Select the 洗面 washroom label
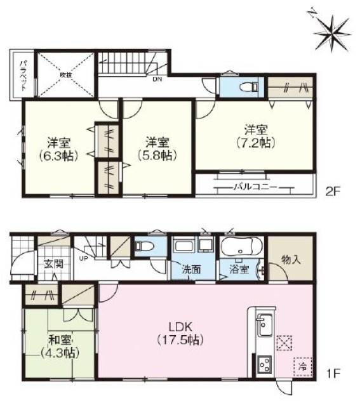(192, 269)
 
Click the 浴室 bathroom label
(239, 269)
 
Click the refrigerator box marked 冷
(302, 367)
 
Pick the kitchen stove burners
(265, 364)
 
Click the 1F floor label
(333, 373)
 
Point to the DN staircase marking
(156, 79)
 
